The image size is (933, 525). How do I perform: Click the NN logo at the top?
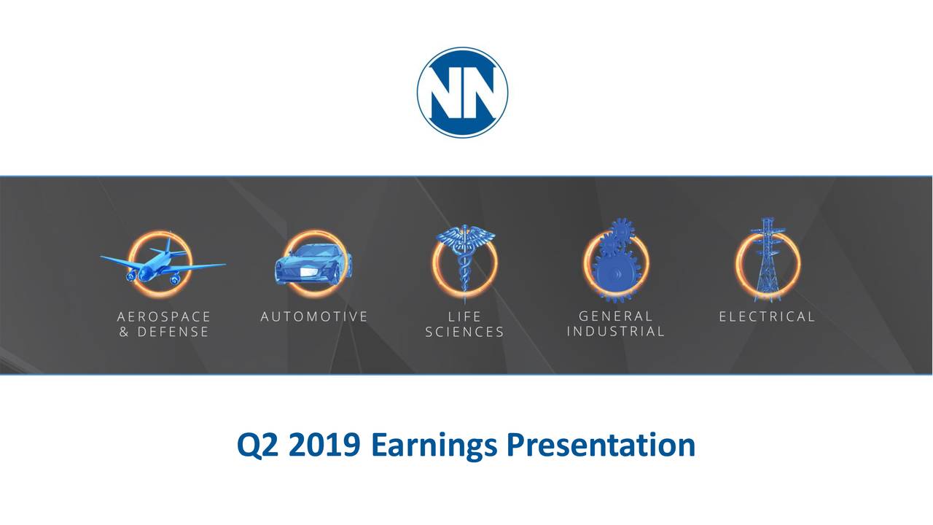tap(462, 93)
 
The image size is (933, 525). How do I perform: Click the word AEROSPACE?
tap(164, 317)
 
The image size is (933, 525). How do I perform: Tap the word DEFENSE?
tap(172, 332)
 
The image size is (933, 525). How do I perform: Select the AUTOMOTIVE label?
tap(314, 316)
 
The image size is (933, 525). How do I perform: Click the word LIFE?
tap(464, 317)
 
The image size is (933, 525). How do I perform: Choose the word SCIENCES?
tap(464, 332)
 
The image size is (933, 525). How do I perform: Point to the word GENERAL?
tap(616, 316)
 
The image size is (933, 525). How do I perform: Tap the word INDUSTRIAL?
tap(616, 331)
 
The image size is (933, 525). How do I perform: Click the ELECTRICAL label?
tap(767, 316)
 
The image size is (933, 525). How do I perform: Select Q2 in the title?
tap(257, 445)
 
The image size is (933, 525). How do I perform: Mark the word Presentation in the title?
tap(600, 445)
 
